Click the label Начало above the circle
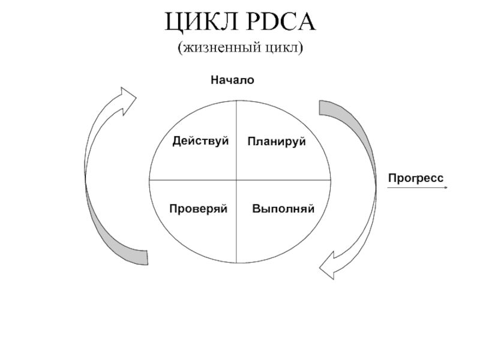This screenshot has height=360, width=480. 232,80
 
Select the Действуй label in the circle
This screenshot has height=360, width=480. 201,141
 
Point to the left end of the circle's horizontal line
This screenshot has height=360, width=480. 149,179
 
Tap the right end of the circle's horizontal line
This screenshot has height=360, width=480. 330,179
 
